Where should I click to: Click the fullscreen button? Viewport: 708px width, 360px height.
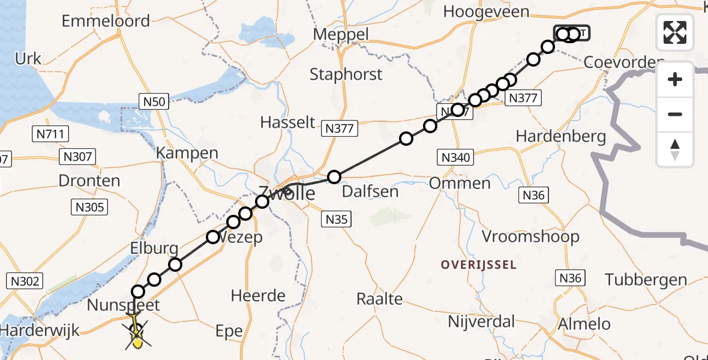675,32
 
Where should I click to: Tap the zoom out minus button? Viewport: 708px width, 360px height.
675,114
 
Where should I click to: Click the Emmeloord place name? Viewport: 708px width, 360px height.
106,21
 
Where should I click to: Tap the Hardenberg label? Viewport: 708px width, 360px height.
561,136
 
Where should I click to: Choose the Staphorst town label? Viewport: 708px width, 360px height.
346,74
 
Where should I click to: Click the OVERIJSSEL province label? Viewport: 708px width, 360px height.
478,265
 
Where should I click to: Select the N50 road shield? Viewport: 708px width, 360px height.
154,101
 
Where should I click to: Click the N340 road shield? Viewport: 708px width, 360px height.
456,158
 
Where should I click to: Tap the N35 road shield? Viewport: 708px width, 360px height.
336,220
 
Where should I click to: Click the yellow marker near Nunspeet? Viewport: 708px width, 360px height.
137,341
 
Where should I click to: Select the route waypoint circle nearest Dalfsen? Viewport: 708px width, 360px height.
334,177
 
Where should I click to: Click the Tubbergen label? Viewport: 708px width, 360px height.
646,280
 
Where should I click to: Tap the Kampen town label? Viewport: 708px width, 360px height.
187,153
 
